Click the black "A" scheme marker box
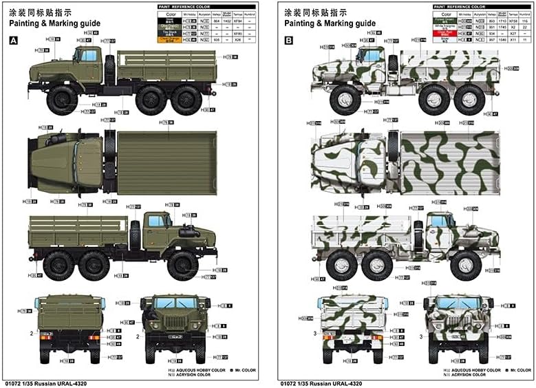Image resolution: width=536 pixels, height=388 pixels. click(12, 41)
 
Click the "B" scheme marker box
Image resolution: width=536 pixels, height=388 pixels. click(289, 41)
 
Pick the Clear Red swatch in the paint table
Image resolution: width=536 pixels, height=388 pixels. click(447, 32)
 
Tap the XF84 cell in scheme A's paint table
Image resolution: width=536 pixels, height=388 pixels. click(219, 21)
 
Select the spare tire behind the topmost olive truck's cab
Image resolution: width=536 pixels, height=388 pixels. click(109, 67)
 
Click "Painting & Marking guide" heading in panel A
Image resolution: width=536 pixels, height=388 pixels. click(54, 23)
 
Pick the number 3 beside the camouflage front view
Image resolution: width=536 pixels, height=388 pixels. click(421, 337)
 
